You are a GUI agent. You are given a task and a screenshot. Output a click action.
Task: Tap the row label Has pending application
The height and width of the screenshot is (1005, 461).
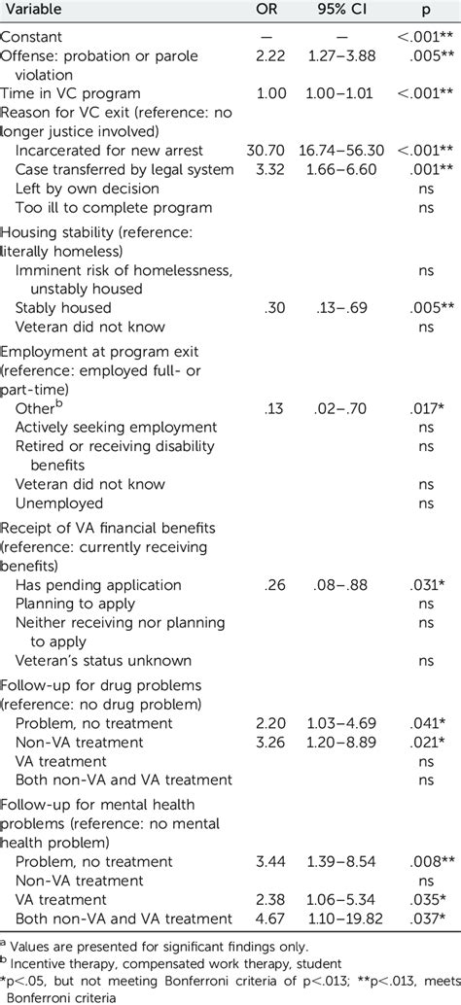pos(98,585)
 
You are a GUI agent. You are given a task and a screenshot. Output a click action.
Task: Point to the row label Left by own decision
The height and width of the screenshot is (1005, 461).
pos(88,189)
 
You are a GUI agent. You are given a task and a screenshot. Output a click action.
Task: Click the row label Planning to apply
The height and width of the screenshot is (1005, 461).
pos(77,604)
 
